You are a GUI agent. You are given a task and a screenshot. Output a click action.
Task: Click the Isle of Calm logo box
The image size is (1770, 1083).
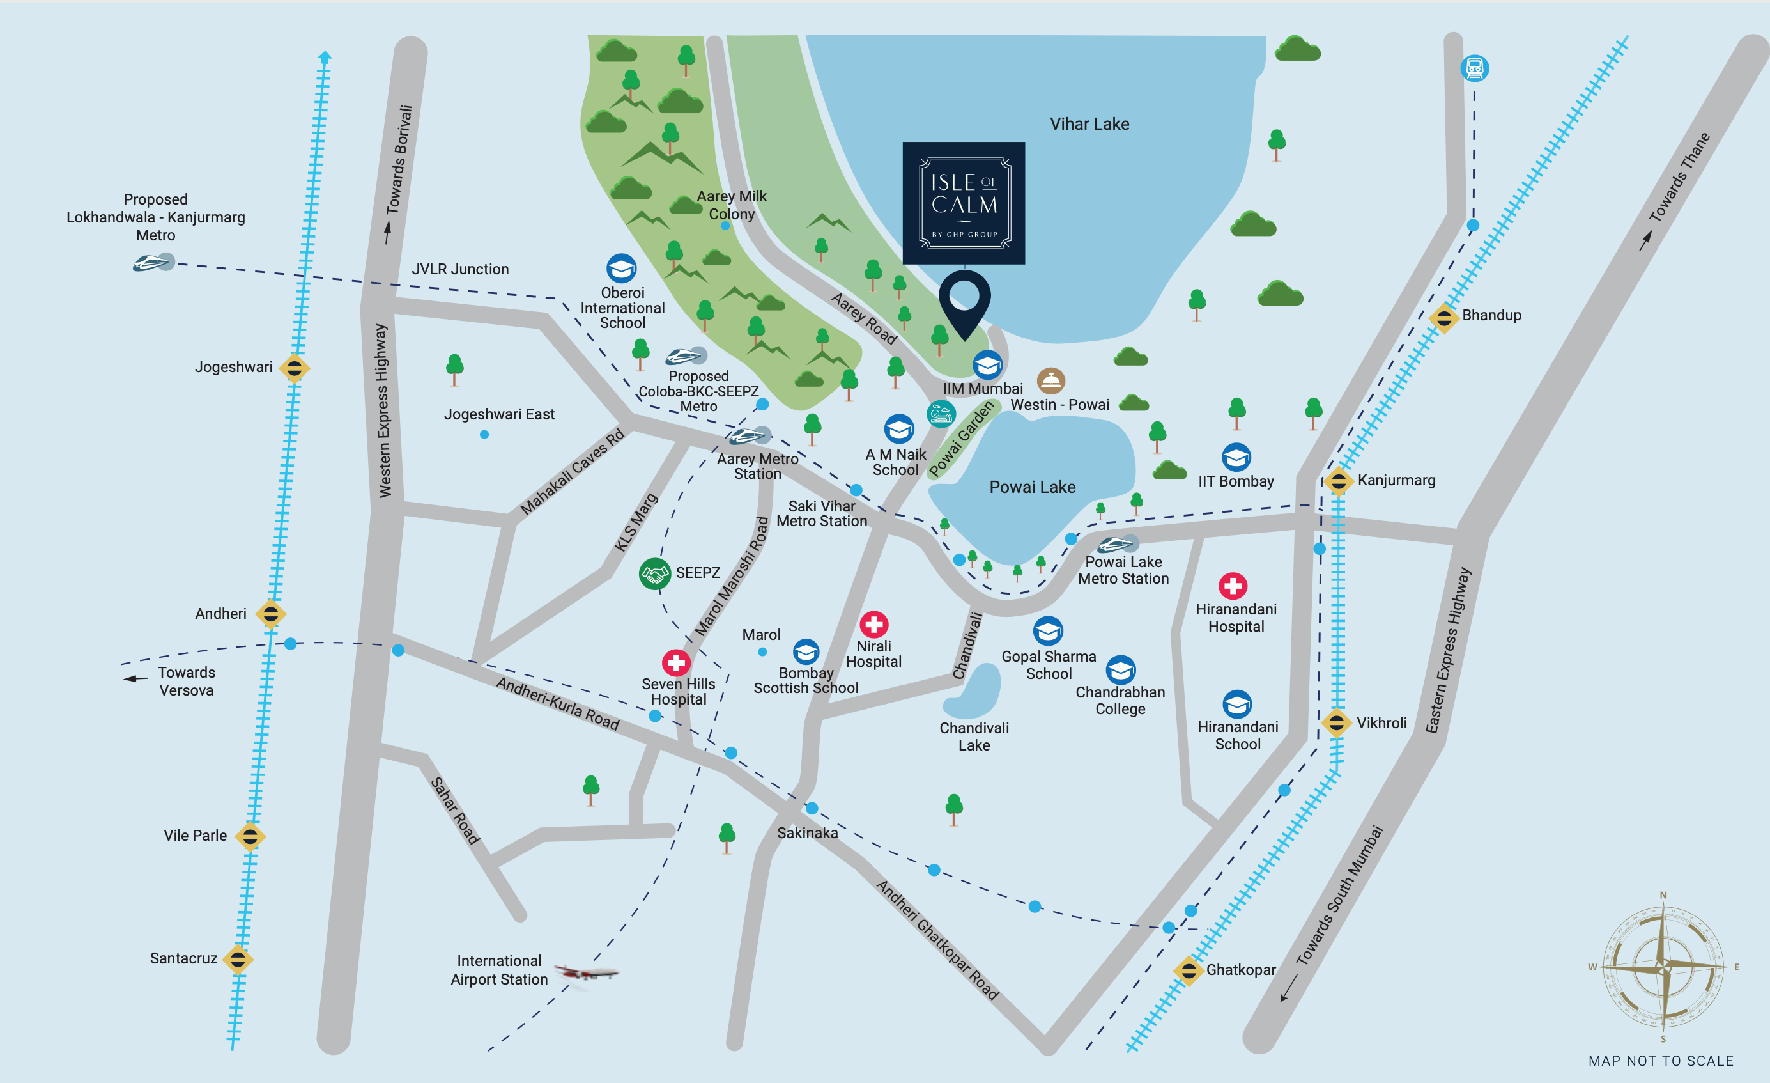coord(964,203)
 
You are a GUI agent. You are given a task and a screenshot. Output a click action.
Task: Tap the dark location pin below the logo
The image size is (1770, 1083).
coord(965,301)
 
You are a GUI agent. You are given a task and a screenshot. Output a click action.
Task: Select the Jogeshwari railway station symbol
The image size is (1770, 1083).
coord(294,368)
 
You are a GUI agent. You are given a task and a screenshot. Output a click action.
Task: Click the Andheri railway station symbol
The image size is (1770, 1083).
coord(271,614)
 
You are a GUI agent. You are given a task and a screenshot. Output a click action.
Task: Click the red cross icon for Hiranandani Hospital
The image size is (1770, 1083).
coord(1233,586)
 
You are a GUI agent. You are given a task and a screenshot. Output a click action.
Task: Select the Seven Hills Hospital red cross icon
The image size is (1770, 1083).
coord(675,662)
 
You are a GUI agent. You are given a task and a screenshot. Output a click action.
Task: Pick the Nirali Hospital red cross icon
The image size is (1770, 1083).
coord(873,624)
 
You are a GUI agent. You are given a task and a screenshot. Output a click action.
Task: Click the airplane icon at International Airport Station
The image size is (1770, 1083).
coord(586,973)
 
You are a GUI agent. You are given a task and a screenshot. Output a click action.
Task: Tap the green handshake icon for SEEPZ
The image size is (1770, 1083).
coord(654,573)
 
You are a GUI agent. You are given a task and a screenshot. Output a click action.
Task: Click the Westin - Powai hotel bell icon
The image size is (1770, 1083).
coord(1050,380)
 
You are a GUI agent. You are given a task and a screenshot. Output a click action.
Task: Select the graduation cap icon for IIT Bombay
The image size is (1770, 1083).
coord(1236,457)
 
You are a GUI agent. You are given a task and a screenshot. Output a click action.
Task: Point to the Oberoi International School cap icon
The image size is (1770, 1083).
coord(620,269)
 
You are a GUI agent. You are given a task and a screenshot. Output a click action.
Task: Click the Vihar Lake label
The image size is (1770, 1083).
coord(1089,124)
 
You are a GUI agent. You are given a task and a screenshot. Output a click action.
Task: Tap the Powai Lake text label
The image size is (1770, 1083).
coord(1032,487)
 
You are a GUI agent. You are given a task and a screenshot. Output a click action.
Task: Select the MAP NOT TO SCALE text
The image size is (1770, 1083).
coord(1661,1061)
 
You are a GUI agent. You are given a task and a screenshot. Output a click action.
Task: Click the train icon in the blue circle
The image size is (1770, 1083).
coord(1475,68)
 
